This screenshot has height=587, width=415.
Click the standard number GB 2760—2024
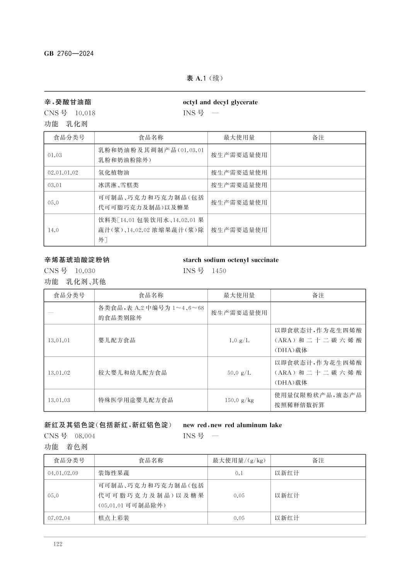69,54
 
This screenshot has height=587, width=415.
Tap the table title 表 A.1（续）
205,78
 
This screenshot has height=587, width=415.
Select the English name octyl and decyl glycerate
220,102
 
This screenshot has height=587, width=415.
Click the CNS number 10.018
85,113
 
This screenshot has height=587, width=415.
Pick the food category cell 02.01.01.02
63,173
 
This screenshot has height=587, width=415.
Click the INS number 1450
219,271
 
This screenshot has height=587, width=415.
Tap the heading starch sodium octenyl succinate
231,260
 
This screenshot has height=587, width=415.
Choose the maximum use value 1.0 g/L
239,340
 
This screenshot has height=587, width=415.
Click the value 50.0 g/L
239,373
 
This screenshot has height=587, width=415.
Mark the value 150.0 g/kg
239,400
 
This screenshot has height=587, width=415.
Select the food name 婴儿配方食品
117,340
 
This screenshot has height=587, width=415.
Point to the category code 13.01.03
59,400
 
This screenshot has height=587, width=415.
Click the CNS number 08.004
85,436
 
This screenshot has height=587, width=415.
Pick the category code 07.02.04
59,518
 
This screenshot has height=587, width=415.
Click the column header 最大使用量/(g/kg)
239,460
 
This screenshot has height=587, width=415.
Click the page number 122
58,544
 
